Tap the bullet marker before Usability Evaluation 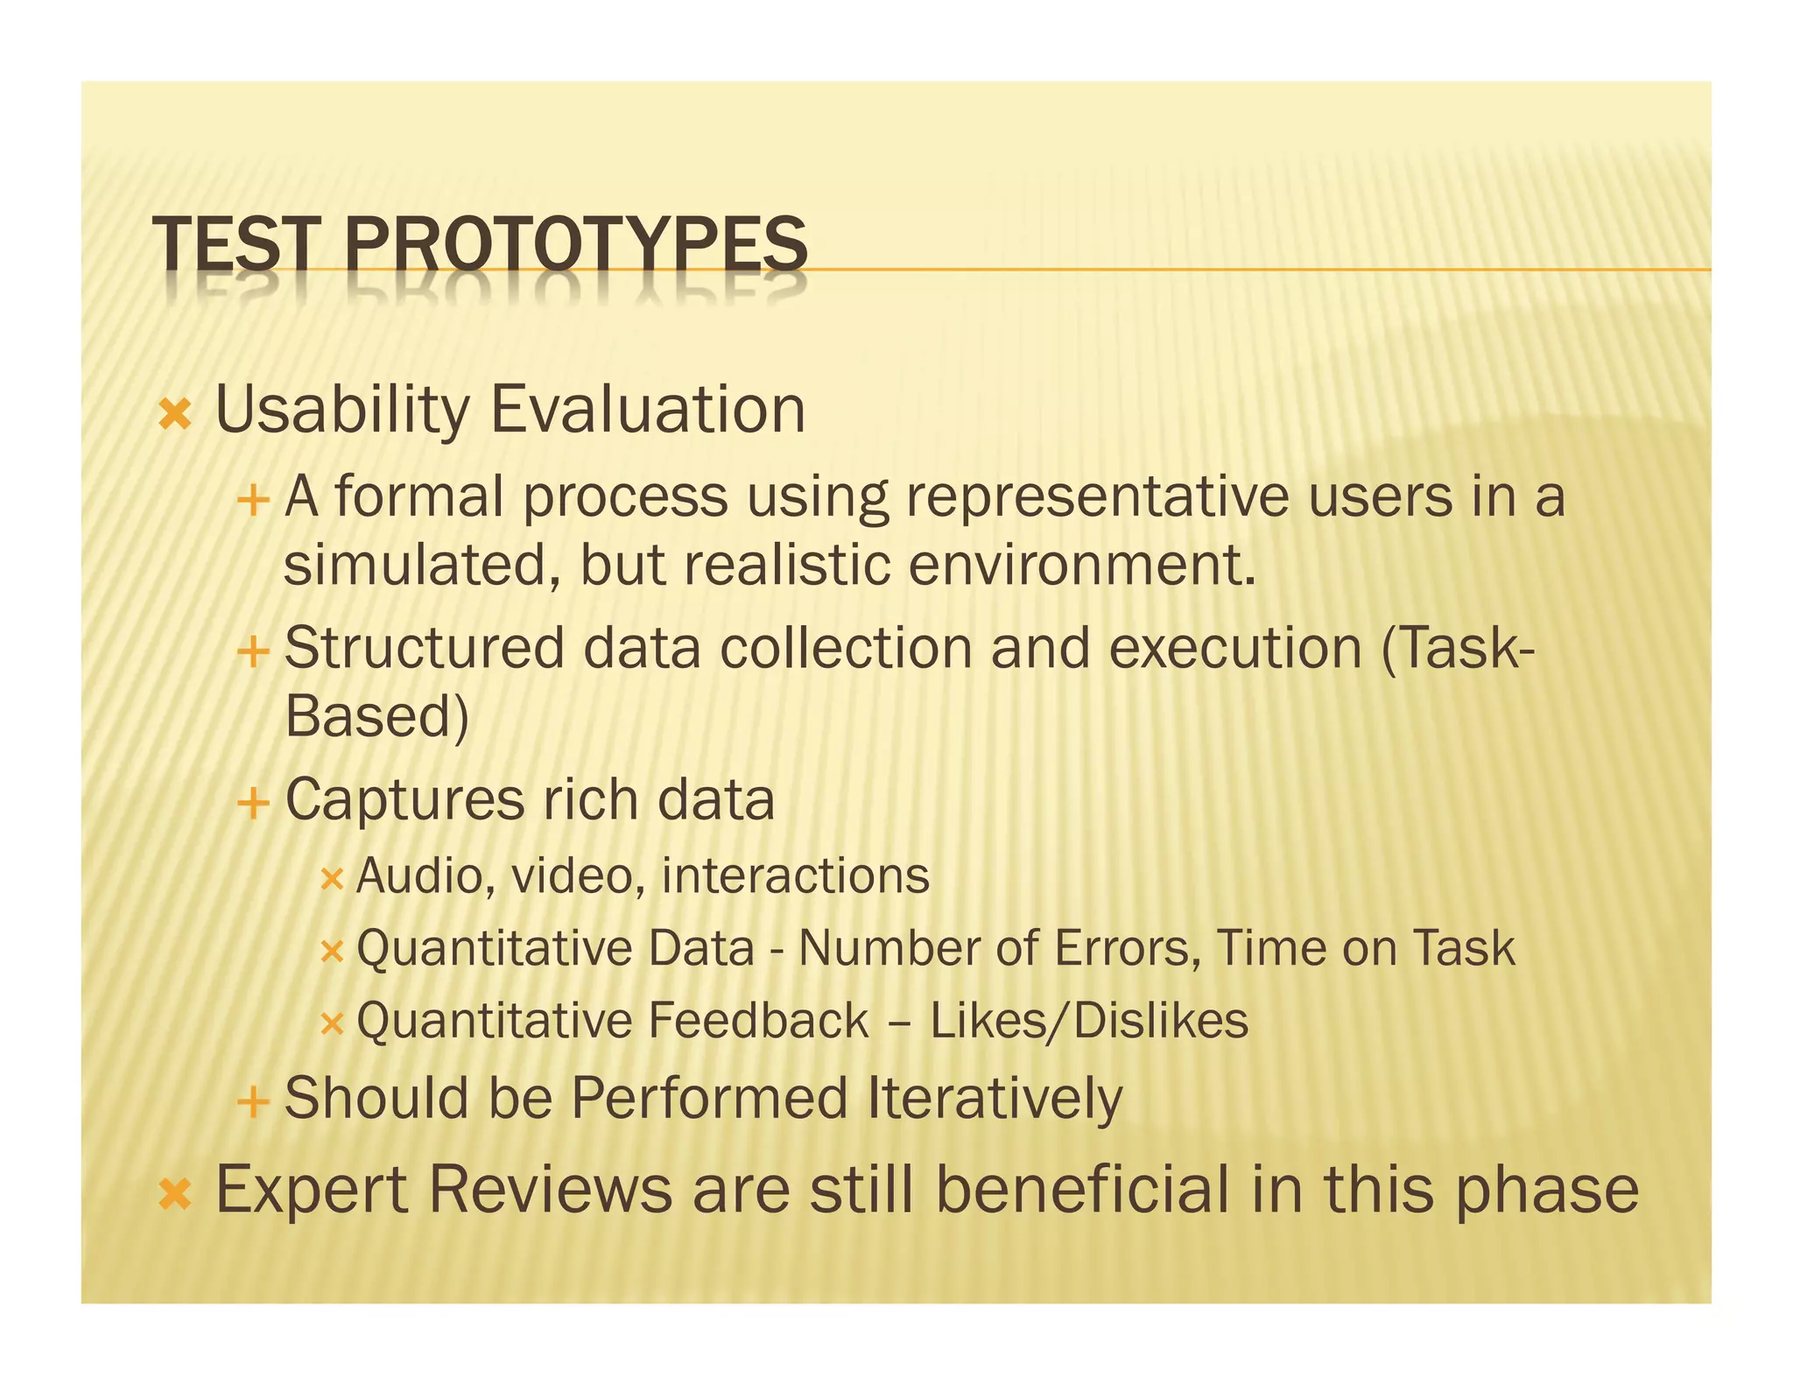tap(175, 413)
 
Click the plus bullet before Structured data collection tap(253, 652)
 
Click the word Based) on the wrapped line tap(377, 717)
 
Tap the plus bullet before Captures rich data tap(253, 803)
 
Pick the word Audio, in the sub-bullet tap(425, 876)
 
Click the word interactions tap(795, 876)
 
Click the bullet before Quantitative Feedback tap(332, 1023)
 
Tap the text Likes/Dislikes tap(1089, 1022)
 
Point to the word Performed tap(709, 1098)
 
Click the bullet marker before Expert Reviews tap(175, 1193)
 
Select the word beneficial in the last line tap(1083, 1190)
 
